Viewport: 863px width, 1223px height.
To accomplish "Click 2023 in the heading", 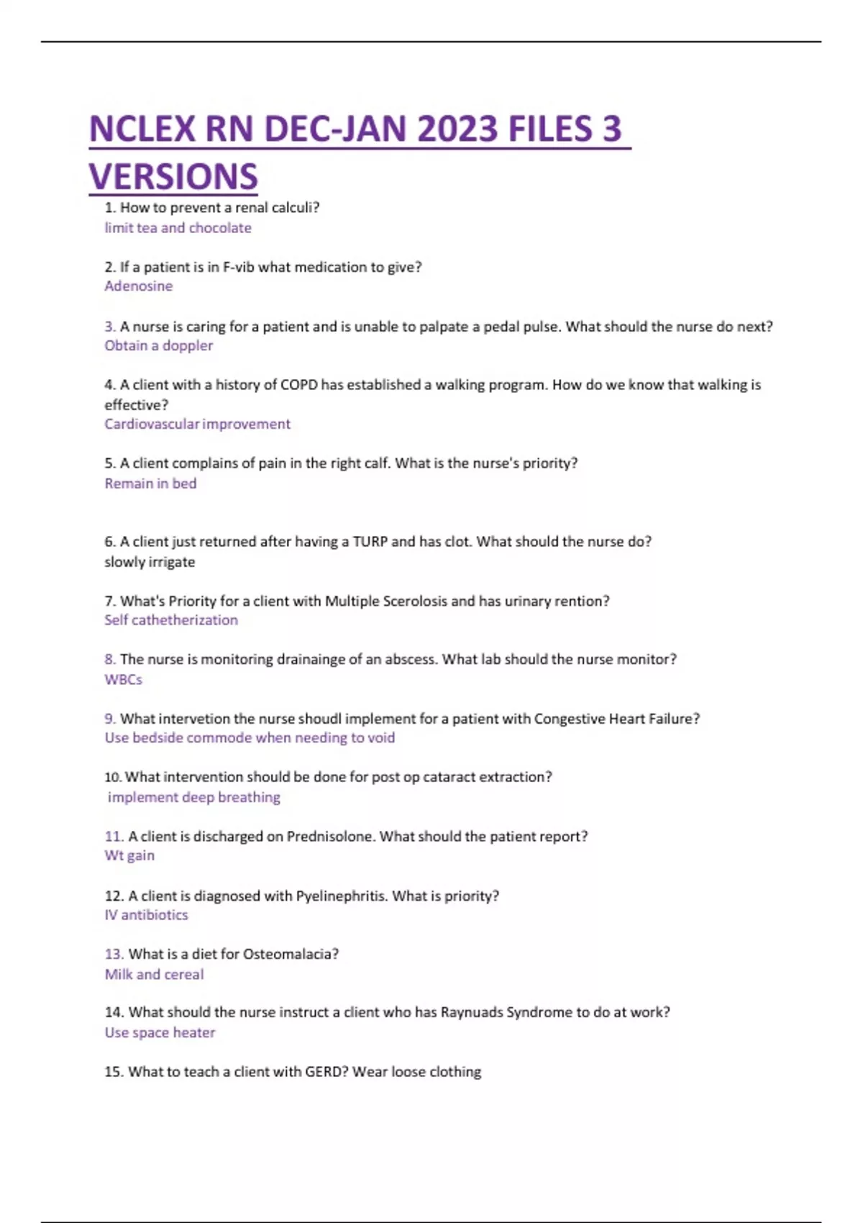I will tap(457, 129).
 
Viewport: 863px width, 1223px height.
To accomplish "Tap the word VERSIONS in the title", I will tap(173, 177).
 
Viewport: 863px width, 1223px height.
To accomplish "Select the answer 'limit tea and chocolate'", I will tap(178, 228).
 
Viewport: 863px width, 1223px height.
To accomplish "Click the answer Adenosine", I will tap(139, 286).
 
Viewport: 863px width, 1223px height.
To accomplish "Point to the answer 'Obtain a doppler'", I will tap(158, 345).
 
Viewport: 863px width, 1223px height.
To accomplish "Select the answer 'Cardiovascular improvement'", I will tap(197, 424).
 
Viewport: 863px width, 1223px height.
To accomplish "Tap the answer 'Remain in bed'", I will tap(150, 483).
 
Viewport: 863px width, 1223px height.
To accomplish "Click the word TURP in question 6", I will tap(370, 542).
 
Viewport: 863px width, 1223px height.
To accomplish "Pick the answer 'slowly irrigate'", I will tap(150, 562).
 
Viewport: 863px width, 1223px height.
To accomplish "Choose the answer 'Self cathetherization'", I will tap(171, 620).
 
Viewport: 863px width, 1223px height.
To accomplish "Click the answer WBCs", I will tap(124, 680).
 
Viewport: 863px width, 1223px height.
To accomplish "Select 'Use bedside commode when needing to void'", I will tap(250, 738).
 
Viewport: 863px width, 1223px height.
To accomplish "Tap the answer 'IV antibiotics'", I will tap(146, 915).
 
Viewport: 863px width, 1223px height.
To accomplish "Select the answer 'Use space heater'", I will tap(160, 1033).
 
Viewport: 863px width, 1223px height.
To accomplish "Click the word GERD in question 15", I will tap(326, 1072).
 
